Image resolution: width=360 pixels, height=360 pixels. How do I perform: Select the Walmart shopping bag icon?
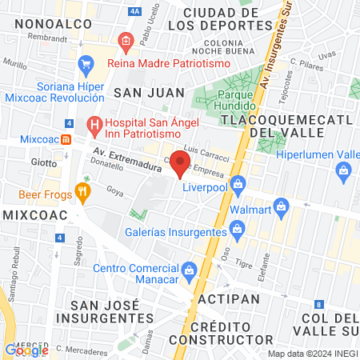coord(280,209)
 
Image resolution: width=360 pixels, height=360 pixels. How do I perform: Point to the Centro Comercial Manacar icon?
coord(189,269)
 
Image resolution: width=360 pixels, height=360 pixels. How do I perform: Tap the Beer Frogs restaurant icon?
coord(81,192)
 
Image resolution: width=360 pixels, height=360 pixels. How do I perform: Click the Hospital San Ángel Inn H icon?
coord(95,124)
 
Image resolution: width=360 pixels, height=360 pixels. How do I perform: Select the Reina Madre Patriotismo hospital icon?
coord(125,39)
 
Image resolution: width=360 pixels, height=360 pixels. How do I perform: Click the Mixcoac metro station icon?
coord(67,138)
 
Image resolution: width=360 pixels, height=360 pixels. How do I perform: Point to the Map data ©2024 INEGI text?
coord(312,354)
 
